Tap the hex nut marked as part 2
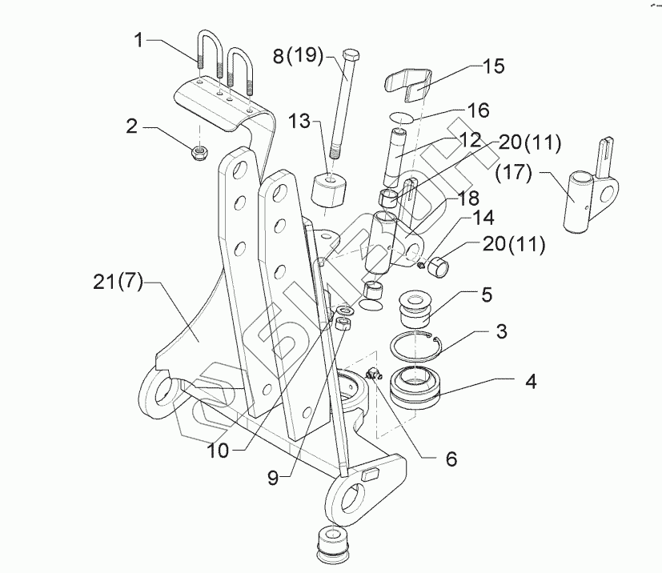pos(199,151)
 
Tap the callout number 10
pos(217,450)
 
